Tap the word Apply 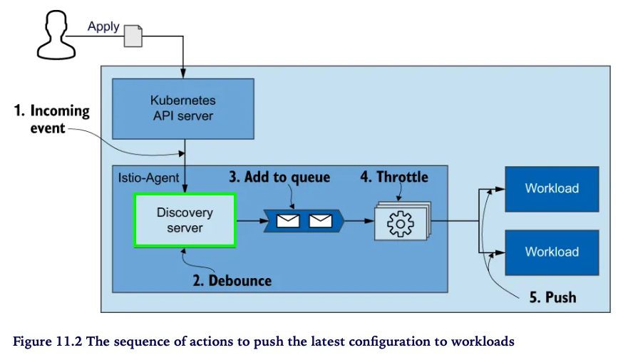[x=103, y=27]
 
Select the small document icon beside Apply [x=133, y=36]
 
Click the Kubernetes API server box [x=183, y=108]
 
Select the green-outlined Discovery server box [x=185, y=220]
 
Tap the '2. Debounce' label [x=232, y=280]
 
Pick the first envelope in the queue [x=288, y=221]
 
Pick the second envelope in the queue [x=321, y=221]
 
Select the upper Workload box [x=552, y=189]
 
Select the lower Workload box [x=552, y=252]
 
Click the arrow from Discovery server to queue [x=249, y=221]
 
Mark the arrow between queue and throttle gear [x=359, y=221]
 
